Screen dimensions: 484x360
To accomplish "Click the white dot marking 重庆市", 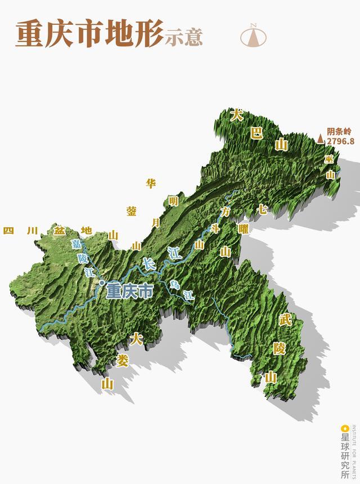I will point(101,283).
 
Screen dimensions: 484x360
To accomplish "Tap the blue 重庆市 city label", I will point(129,291).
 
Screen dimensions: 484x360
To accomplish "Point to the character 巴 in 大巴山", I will point(256,133).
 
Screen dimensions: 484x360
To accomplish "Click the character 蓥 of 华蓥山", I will point(132,211).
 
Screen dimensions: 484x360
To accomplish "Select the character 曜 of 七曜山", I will point(243,229).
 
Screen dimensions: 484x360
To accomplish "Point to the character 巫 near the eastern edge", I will point(330,159).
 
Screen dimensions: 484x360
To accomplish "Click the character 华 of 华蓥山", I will point(151,183).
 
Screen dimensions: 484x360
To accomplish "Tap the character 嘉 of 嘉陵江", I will point(75,244).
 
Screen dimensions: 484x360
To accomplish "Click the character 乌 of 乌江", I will point(174,284).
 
